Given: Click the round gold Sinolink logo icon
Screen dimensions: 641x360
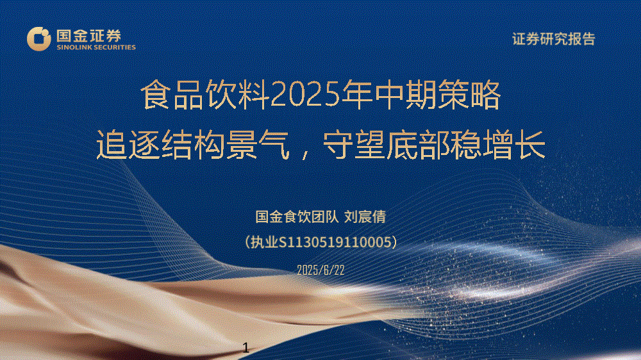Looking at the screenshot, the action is pyautogui.click(x=39, y=39).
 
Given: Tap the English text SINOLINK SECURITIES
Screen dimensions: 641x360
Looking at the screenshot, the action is pyautogui.click(x=96, y=47).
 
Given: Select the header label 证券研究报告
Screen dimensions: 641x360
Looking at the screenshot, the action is pyautogui.click(x=554, y=39).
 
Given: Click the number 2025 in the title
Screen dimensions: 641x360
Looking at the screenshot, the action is pyautogui.click(x=306, y=95).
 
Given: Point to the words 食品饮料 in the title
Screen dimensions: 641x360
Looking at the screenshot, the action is pyautogui.click(x=205, y=95).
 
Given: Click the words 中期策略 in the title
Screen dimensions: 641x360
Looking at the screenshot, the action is pyautogui.click(x=438, y=95).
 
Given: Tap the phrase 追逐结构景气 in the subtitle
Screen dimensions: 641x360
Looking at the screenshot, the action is pyautogui.click(x=193, y=145).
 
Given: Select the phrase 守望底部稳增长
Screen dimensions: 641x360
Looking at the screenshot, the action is pyautogui.click(x=434, y=145).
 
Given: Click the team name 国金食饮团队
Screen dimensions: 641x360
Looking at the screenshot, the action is pyautogui.click(x=297, y=217).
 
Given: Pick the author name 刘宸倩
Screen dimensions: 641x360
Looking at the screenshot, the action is pyautogui.click(x=365, y=217).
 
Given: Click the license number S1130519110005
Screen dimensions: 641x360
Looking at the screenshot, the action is pyautogui.click(x=335, y=242).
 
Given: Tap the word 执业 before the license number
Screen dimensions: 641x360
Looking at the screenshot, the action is pyautogui.click(x=264, y=242).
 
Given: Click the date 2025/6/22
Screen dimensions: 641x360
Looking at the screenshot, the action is pyautogui.click(x=320, y=270).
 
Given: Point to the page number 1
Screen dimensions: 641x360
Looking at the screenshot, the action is pyautogui.click(x=246, y=348).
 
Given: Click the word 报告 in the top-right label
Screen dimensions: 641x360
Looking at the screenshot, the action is pyautogui.click(x=581, y=39).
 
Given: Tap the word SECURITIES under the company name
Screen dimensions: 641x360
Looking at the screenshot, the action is pyautogui.click(x=115, y=47).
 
